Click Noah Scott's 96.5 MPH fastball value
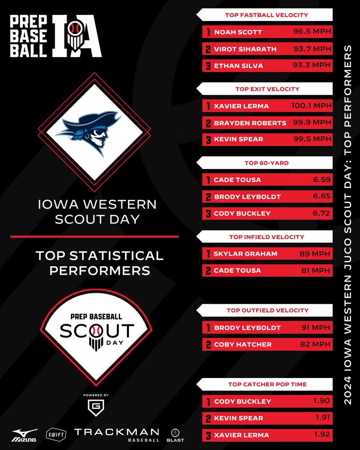312,32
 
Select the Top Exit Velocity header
267,89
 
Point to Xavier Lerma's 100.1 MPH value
311,106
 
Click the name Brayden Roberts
250,123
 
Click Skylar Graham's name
245,254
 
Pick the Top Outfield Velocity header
267,310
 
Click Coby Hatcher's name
243,344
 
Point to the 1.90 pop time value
322,401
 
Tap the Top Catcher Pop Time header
267,384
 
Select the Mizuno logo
24,434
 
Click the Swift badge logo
56,434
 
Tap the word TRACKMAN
116,432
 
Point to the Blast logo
177,434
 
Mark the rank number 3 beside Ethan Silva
208,66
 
